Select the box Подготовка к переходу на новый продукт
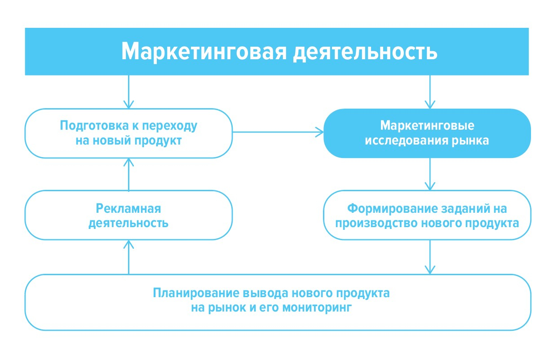click(x=128, y=133)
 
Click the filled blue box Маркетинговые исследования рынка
click(x=427, y=133)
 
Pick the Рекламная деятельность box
click(x=128, y=215)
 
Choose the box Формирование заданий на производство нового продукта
click(x=427, y=215)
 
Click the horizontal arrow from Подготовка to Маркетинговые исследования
click(x=278, y=132)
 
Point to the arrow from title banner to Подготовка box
click(x=129, y=92)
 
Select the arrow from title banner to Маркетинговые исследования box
click(x=430, y=92)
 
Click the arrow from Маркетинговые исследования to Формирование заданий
click(x=430, y=174)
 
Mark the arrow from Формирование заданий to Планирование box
click(x=430, y=257)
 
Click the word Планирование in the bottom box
click(x=196, y=294)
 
